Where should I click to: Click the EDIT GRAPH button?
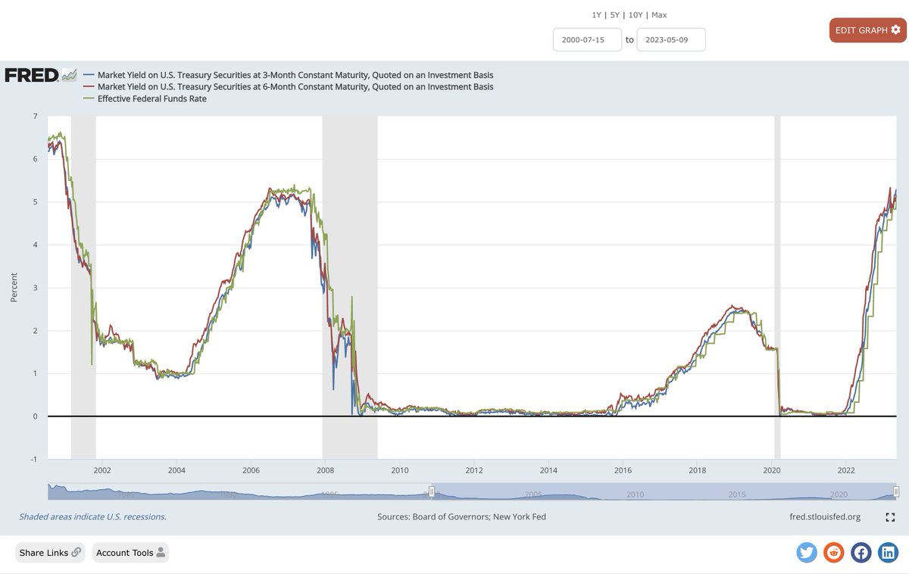(x=867, y=30)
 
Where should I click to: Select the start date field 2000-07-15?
(x=587, y=39)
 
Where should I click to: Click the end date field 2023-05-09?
(x=670, y=39)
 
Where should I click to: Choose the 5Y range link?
(x=615, y=15)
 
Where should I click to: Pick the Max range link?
(x=659, y=15)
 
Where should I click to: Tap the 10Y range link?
(x=636, y=15)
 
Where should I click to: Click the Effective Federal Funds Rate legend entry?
(x=151, y=98)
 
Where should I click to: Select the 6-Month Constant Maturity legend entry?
(x=295, y=87)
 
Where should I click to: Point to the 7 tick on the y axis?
(x=35, y=116)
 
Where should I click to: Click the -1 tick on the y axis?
(x=33, y=459)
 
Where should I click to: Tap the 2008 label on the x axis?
(x=324, y=470)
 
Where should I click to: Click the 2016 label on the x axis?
(x=622, y=470)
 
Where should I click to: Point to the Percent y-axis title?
(x=14, y=288)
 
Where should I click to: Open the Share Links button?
(x=50, y=553)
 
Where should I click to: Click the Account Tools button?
(x=130, y=553)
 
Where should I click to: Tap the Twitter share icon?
(x=807, y=553)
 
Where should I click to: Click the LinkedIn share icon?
(x=888, y=553)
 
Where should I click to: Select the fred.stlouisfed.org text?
(x=824, y=516)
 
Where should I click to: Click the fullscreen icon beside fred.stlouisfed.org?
(x=890, y=517)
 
